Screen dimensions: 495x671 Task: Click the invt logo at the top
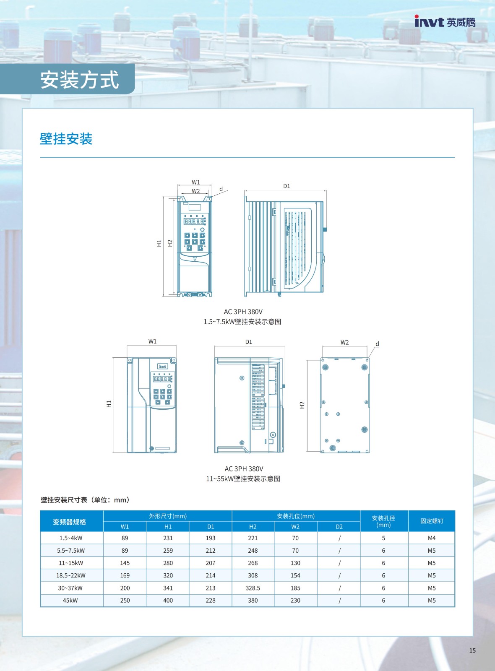(445, 21)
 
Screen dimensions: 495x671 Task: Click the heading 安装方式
(79, 80)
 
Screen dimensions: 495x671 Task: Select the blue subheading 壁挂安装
(66, 139)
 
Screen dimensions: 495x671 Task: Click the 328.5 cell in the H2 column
(253, 588)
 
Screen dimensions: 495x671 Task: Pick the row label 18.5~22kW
(71, 575)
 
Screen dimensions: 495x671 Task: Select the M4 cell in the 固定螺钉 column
(432, 538)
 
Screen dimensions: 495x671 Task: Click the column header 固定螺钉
(432, 521)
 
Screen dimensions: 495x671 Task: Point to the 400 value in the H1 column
(168, 600)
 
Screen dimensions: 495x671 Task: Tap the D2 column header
(339, 527)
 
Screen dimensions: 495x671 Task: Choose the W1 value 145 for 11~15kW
(125, 563)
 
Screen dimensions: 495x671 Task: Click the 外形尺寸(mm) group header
(168, 516)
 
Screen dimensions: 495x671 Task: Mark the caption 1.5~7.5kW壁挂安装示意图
(242, 322)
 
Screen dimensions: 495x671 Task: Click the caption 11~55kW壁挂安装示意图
(243, 479)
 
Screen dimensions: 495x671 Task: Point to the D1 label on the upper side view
(287, 186)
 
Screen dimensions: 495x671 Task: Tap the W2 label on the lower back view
(344, 342)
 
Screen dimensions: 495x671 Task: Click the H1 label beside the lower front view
(109, 404)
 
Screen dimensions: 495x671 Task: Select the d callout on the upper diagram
(221, 189)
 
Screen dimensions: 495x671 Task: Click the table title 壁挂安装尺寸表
(64, 499)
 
